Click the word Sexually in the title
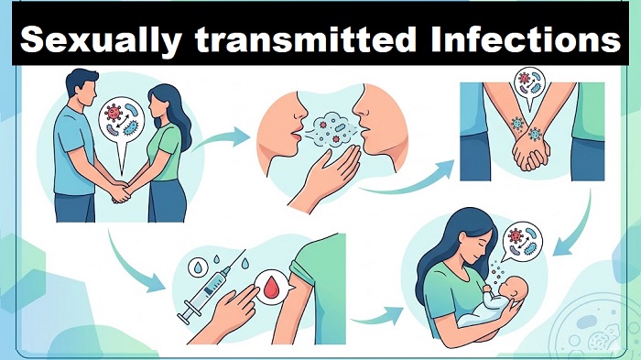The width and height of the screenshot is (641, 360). point(101,40)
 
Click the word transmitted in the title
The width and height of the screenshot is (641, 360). point(305,38)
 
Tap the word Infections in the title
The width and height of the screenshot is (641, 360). point(526,38)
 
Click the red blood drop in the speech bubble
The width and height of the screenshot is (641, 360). point(271,288)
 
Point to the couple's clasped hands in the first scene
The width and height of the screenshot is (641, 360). point(122,191)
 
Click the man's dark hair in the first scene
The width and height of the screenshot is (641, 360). point(81,80)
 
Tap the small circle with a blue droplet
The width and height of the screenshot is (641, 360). point(198,267)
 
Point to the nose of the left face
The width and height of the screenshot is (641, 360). point(301,108)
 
